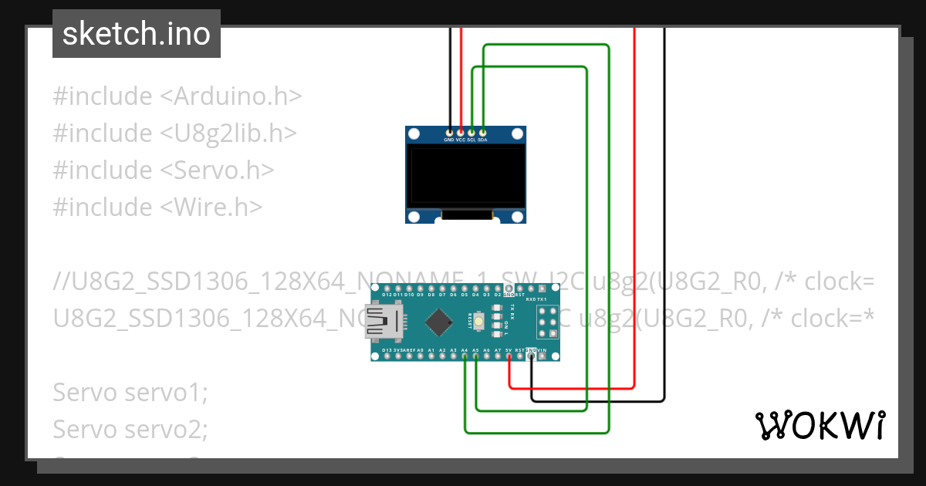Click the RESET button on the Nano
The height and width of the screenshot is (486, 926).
[479, 322]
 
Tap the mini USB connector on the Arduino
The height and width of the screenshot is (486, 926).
[384, 322]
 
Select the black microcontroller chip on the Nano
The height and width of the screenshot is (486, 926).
[438, 322]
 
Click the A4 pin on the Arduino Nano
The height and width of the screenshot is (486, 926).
[465, 356]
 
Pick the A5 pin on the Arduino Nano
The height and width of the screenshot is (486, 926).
[476, 356]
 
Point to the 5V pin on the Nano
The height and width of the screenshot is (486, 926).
[509, 356]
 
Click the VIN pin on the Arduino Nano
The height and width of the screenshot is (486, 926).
[542, 356]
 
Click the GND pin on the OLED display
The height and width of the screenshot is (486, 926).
[450, 133]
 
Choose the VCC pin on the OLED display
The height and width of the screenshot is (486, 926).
[461, 133]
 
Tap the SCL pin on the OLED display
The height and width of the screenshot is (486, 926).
[471, 133]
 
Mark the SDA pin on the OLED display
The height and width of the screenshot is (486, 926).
[482, 133]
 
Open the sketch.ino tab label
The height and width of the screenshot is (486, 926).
[137, 34]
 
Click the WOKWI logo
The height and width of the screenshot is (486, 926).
[820, 425]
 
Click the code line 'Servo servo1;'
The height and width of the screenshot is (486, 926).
[130, 392]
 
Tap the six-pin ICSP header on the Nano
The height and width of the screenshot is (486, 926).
[549, 322]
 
